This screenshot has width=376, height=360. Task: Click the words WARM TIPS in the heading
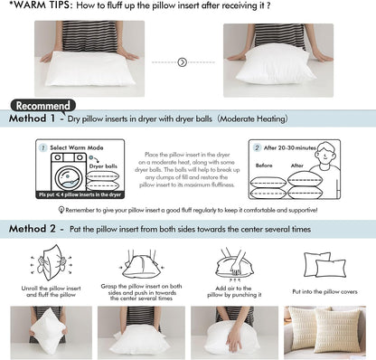click(x=33, y=8)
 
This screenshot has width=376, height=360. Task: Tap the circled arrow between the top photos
click(x=183, y=62)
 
